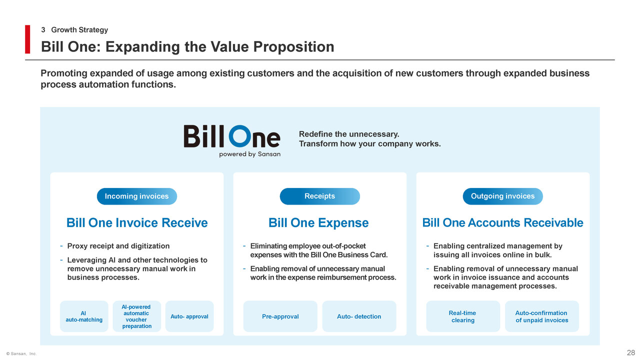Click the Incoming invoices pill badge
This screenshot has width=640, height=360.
point(137,196)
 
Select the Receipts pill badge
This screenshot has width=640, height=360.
point(319,196)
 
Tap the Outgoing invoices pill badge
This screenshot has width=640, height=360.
point(503,196)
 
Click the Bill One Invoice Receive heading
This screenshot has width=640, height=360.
point(137,223)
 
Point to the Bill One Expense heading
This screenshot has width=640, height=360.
point(318,223)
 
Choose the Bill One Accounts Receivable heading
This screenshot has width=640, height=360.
point(503,223)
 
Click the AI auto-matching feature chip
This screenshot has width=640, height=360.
point(84,316)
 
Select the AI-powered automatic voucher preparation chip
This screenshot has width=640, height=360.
point(137,316)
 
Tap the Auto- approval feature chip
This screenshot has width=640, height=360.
point(189,316)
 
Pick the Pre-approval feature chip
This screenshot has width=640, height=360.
point(280,316)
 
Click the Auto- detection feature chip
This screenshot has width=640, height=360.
point(359,316)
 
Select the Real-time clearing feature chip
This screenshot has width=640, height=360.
point(463,316)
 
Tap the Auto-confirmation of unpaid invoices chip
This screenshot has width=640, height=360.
point(542,316)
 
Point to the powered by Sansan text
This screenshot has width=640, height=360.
point(249,154)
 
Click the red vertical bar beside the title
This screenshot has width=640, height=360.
point(27,39)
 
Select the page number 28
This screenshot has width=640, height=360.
point(631,352)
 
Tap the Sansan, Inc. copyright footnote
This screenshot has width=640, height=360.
point(21,353)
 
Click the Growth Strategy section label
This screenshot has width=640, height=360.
point(79,29)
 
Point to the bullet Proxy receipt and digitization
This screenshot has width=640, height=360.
point(118,246)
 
